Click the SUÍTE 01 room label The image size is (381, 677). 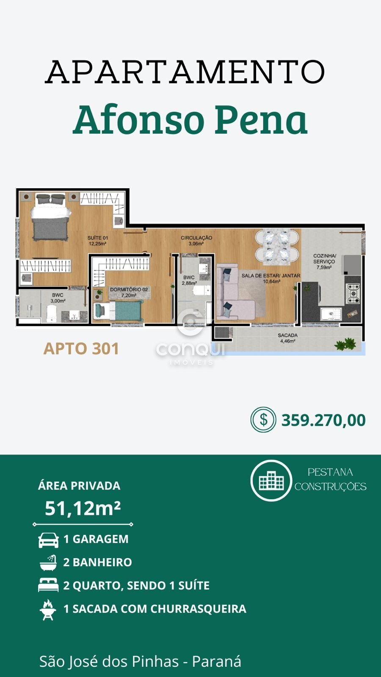(x=97, y=241)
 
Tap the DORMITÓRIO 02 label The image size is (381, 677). (x=129, y=292)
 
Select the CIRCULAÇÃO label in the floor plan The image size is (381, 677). (x=196, y=241)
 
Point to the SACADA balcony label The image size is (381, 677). (x=287, y=338)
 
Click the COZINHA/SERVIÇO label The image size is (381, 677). (x=324, y=261)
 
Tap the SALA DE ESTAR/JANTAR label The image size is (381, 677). (x=271, y=278)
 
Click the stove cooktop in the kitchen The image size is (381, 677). (x=353, y=293)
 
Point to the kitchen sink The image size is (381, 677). (x=331, y=314)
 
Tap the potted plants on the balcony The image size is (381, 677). (x=345, y=344)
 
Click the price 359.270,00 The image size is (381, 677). (x=323, y=420)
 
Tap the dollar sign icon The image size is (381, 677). (x=263, y=419)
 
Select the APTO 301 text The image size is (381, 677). (x=81, y=349)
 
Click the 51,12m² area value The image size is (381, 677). (x=83, y=508)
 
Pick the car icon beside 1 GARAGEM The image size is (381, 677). (x=48, y=540)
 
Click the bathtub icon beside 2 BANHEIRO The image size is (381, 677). (x=48, y=562)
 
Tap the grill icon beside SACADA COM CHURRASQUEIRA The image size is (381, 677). (x=48, y=610)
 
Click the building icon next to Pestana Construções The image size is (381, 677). (x=271, y=480)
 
